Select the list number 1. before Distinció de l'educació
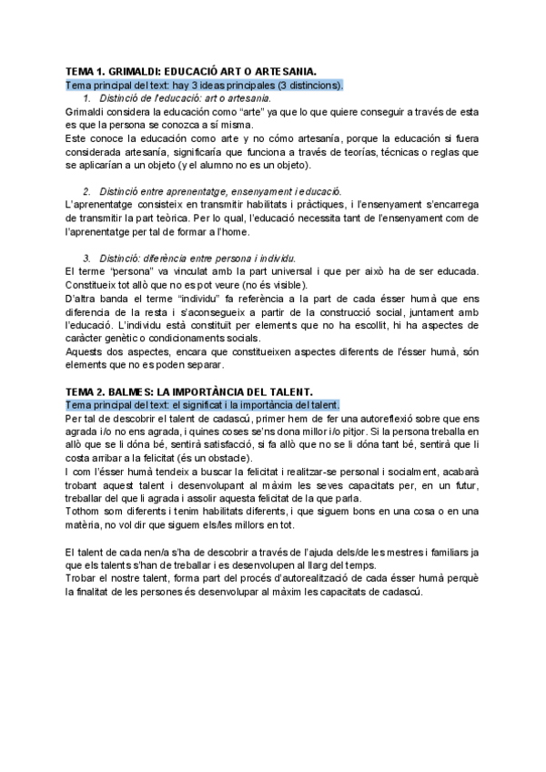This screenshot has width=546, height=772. (87, 97)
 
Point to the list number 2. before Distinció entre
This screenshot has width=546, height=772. (87, 191)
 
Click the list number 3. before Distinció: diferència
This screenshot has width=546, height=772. (87, 259)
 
